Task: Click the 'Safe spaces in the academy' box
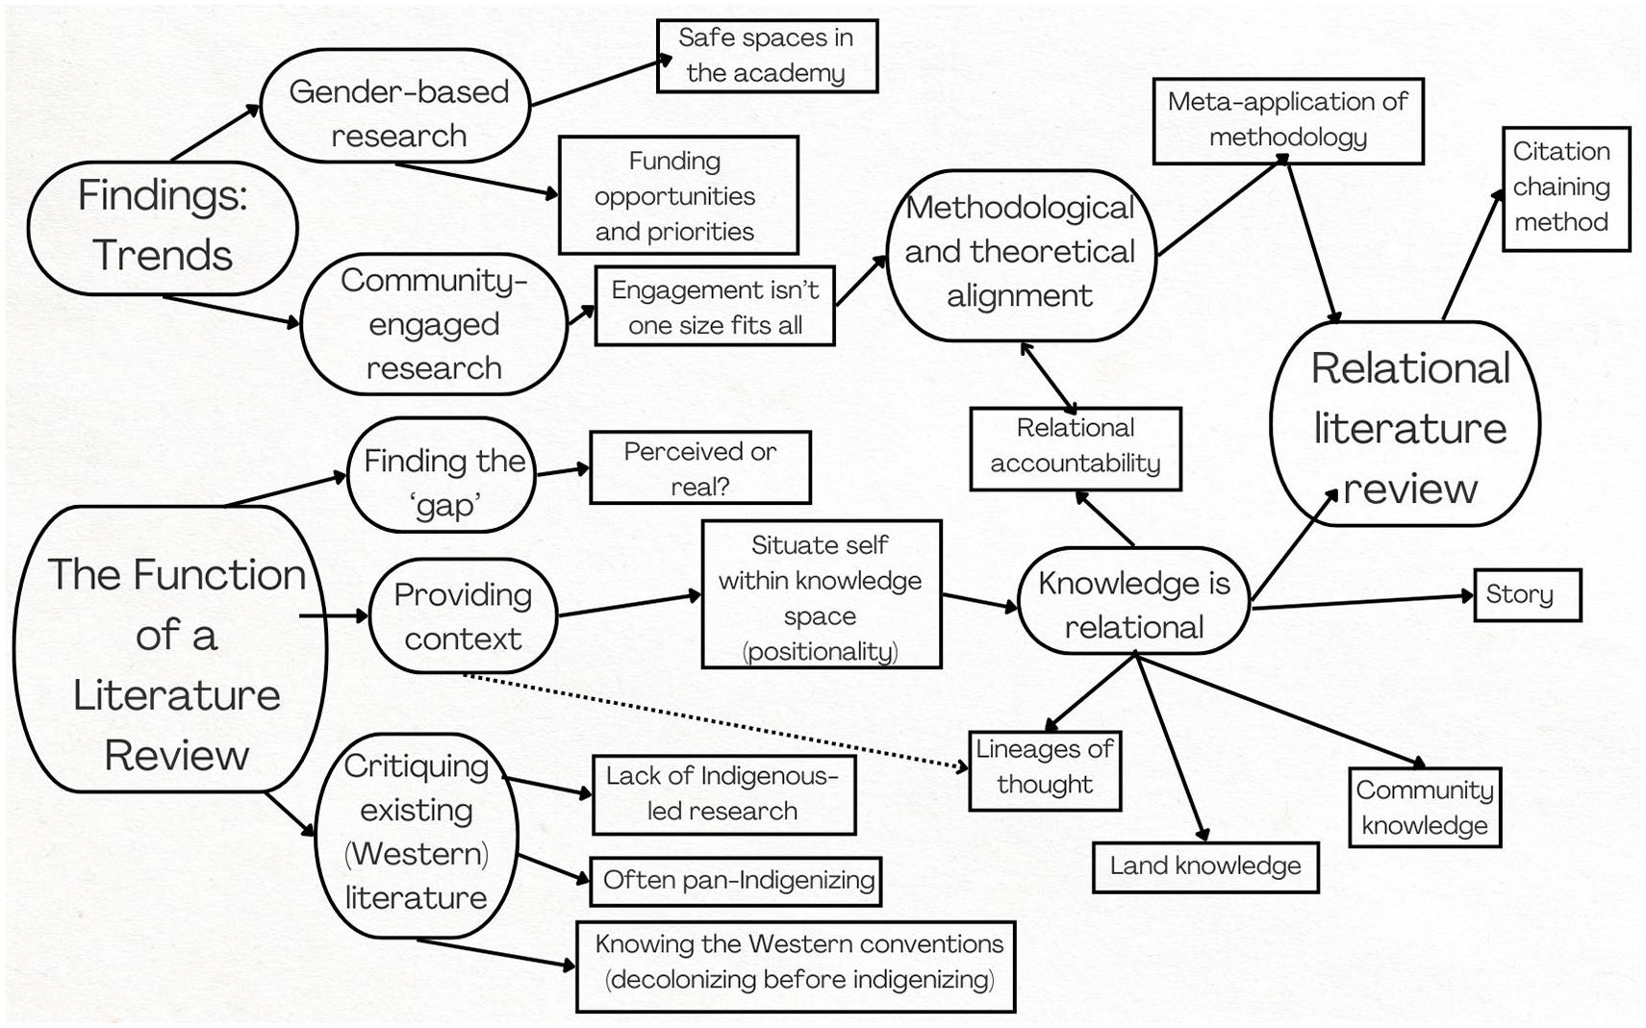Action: [x=767, y=56]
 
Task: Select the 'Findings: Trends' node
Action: [x=163, y=228]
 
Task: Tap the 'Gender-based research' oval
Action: [x=395, y=106]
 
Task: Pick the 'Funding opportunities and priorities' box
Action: [x=678, y=195]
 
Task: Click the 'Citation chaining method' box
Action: [x=1566, y=188]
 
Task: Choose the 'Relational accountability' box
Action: [x=1076, y=449]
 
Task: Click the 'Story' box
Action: [x=1528, y=594]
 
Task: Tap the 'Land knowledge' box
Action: [x=1205, y=867]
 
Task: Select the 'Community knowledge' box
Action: [x=1425, y=808]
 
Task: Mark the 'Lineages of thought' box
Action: [x=1045, y=770]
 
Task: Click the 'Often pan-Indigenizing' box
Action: [x=736, y=881]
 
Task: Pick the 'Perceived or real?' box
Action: [x=700, y=467]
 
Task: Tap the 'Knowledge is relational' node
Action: [x=1134, y=601]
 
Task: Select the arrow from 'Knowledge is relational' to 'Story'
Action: [x=1363, y=601]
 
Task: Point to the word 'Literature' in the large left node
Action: [x=176, y=695]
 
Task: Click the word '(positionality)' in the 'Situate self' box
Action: [x=820, y=651]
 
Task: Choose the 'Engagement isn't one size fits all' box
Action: [x=715, y=306]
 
